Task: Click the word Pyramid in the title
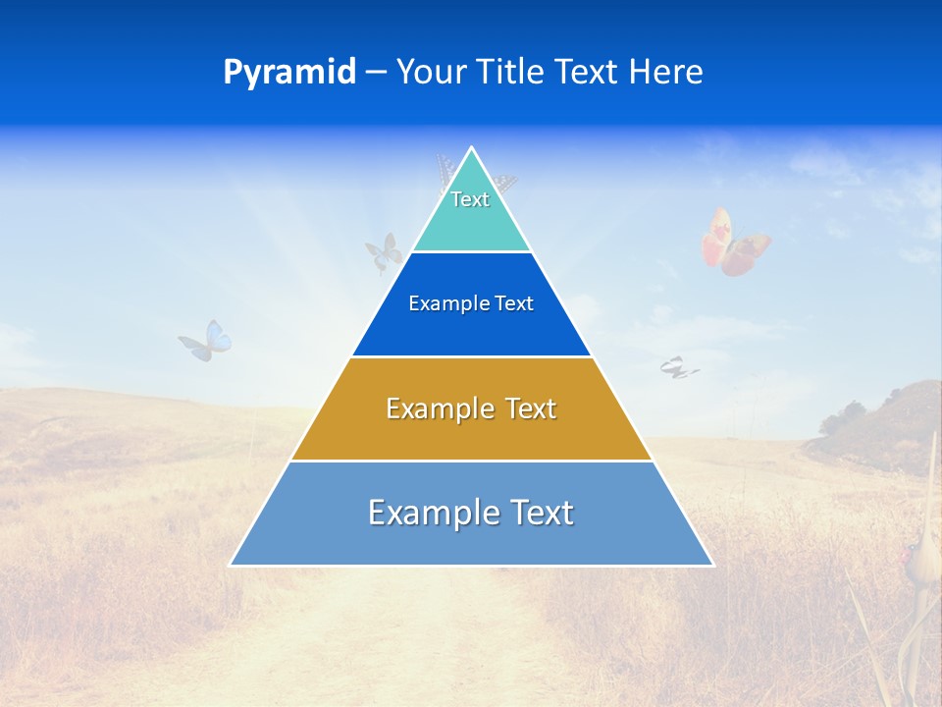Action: coord(289,73)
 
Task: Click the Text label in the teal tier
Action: coord(470,199)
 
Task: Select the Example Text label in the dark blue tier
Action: coord(471,303)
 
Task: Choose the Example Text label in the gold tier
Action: coord(471,408)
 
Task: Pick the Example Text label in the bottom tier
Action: coord(471,513)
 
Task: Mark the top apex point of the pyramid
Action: coord(471,147)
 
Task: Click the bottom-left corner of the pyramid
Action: coord(231,566)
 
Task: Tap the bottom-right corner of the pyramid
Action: coord(713,566)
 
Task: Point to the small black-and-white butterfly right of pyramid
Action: coord(678,367)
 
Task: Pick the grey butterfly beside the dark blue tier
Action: coord(384,252)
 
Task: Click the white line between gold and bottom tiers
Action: coord(471,461)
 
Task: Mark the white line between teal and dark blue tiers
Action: coord(471,251)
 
